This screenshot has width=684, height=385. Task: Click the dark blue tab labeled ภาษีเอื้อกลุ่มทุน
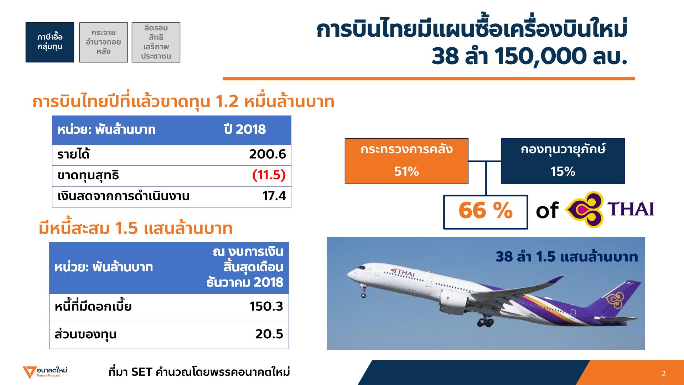[x=50, y=42]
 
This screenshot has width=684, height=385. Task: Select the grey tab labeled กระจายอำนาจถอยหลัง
[x=103, y=42]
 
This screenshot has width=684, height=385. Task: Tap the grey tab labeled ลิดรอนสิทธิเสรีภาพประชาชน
[x=156, y=42]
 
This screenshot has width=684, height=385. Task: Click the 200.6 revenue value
[x=267, y=155]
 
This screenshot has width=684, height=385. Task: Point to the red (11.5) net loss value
[x=269, y=175]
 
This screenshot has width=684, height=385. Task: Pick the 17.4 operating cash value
[x=274, y=196]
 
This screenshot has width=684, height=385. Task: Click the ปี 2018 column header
[x=245, y=130]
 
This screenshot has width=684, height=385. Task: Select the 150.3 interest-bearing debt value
[x=266, y=307]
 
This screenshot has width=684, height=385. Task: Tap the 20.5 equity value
[x=269, y=334]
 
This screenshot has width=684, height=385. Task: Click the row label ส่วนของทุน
[x=85, y=335]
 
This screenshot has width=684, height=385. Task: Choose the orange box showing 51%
[x=406, y=161]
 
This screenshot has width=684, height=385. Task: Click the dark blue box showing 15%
[x=563, y=161]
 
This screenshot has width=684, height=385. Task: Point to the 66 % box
[x=486, y=212]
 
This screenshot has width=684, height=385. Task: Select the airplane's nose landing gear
[x=364, y=292]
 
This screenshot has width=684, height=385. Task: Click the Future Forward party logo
[x=45, y=372]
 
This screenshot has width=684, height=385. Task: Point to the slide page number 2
[x=664, y=374]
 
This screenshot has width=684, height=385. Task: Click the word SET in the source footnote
[x=142, y=372]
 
